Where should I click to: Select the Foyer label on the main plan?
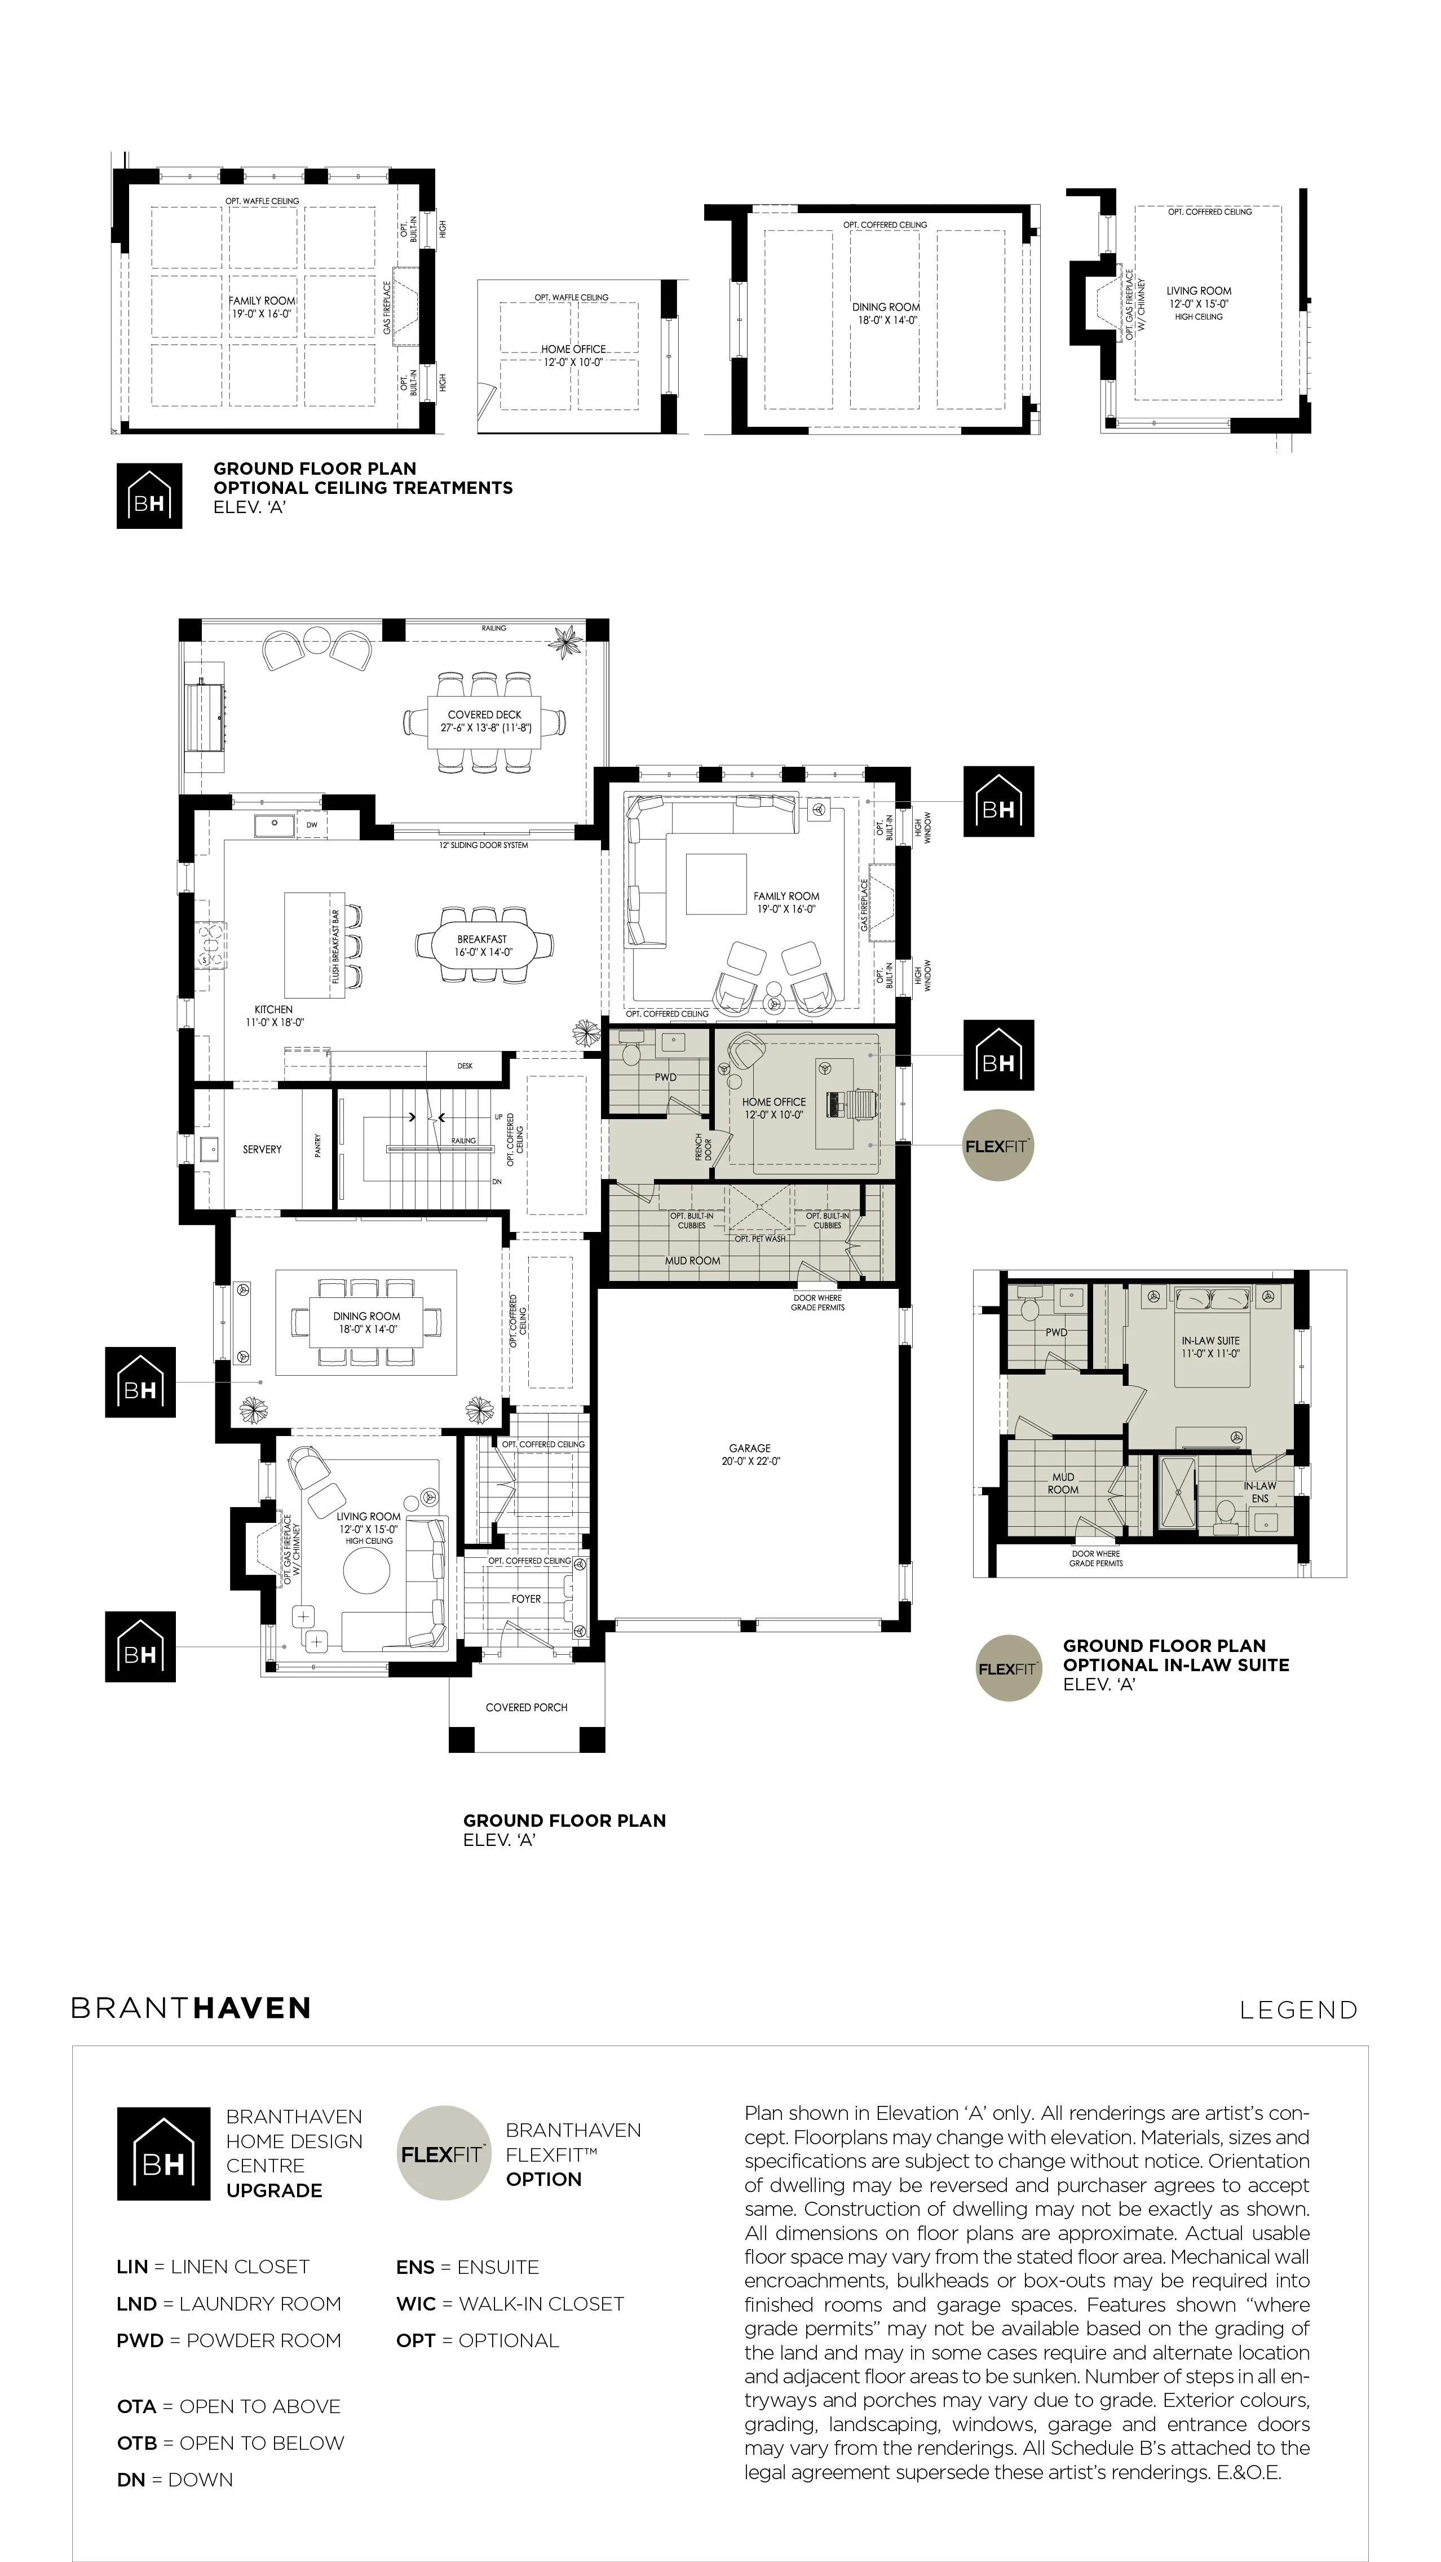[x=526, y=1599]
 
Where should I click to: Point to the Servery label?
[x=263, y=1149]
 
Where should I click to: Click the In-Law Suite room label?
[x=1210, y=1346]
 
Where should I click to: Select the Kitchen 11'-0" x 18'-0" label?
[x=275, y=1015]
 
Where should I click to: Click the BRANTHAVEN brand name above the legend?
[x=191, y=2008]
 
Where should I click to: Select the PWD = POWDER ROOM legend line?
[x=229, y=2340]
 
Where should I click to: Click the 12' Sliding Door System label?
[x=483, y=845]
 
